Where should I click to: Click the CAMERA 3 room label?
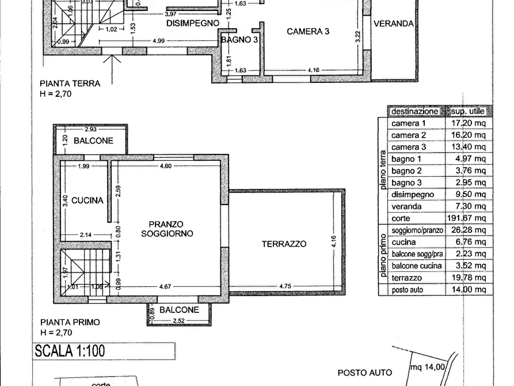pos(308,32)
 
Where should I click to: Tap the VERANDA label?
pos(394,24)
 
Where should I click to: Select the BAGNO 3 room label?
pos(239,40)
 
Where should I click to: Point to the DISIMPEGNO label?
pos(193,23)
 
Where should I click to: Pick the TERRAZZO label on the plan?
pos(284,244)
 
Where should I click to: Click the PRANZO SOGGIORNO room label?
pos(166,229)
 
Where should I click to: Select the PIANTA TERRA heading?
pos(70,83)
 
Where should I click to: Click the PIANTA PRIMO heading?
pos(70,323)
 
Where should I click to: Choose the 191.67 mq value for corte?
pos(466,218)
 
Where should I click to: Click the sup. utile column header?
pos(467,111)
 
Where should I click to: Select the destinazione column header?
pos(414,111)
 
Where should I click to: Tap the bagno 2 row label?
pos(406,171)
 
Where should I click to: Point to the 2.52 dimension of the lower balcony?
pos(179,321)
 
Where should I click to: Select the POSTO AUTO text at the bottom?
pos(365,373)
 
